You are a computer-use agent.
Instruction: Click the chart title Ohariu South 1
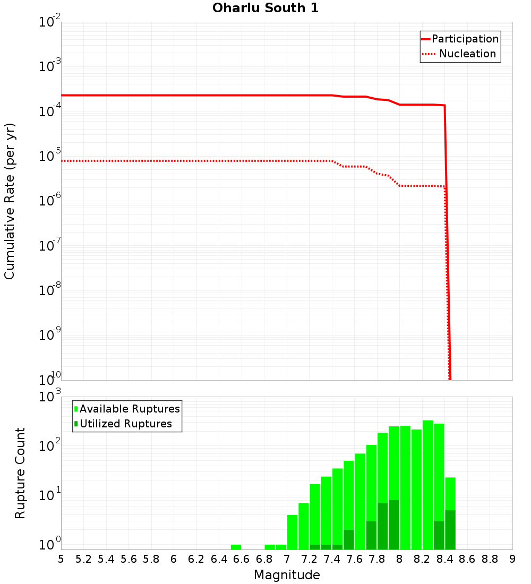(265, 8)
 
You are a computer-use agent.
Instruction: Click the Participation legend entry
(465, 39)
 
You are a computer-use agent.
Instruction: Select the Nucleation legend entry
(467, 54)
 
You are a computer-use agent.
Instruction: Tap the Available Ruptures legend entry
(130, 409)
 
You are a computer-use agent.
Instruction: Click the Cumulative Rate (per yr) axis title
(10, 201)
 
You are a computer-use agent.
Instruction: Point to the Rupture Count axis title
(20, 473)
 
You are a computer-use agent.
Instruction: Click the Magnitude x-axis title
(287, 575)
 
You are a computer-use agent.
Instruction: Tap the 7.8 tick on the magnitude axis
(377, 559)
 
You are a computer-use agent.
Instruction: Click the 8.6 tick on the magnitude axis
(467, 559)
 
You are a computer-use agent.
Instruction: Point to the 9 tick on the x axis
(512, 559)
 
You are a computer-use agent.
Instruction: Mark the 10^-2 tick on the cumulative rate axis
(50, 22)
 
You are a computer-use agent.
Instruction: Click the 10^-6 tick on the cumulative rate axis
(50, 201)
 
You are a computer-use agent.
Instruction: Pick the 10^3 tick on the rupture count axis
(50, 397)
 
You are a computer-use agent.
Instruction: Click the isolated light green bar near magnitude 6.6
(236, 547)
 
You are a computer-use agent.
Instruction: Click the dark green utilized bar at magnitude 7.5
(349, 539)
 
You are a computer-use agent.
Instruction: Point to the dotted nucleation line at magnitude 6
(174, 160)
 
